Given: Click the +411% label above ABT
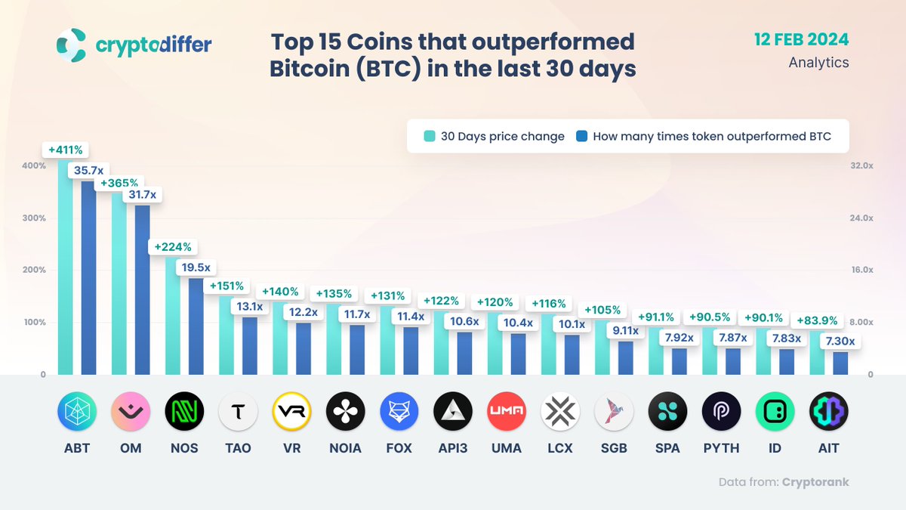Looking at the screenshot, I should click(66, 150).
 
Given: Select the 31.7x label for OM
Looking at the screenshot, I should click(142, 195).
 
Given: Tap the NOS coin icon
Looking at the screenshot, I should click(184, 412).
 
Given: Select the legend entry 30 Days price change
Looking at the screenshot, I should click(495, 137).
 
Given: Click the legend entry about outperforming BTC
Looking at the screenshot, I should click(703, 137).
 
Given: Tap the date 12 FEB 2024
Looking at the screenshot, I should click(801, 39).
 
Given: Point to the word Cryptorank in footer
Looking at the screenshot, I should click(815, 482).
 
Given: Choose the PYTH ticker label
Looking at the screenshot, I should click(721, 448).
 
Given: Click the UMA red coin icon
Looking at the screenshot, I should click(506, 412).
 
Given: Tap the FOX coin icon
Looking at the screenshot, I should click(399, 412).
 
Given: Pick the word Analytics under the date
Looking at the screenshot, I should click(818, 63).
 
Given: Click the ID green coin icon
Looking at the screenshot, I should click(775, 412).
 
